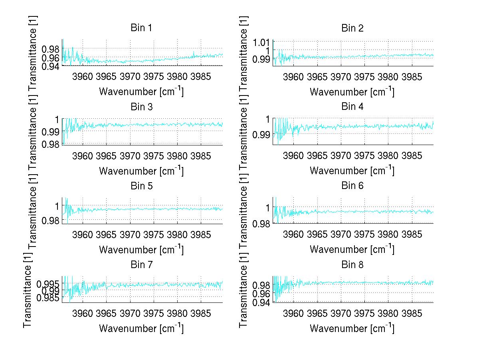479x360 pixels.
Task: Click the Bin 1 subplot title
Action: click(141, 28)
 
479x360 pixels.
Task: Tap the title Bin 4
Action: click(352, 107)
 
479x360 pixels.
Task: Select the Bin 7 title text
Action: click(141, 265)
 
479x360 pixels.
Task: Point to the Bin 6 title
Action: click(352, 186)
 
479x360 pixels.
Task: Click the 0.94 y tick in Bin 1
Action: click(51, 66)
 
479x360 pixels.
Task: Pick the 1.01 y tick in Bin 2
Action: click(262, 42)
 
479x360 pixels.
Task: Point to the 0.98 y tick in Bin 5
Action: click(51, 220)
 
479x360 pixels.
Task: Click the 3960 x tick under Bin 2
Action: click(293, 77)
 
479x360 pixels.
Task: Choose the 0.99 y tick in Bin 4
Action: click(262, 135)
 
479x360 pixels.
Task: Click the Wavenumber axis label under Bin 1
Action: click(141, 91)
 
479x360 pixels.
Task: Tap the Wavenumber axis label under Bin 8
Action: click(352, 328)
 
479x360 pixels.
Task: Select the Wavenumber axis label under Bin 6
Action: click(352, 249)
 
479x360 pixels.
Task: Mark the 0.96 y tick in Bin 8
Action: click(262, 294)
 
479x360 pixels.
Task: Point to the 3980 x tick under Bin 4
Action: click(388, 155)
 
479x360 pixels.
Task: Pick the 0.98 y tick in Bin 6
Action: click(262, 223)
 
